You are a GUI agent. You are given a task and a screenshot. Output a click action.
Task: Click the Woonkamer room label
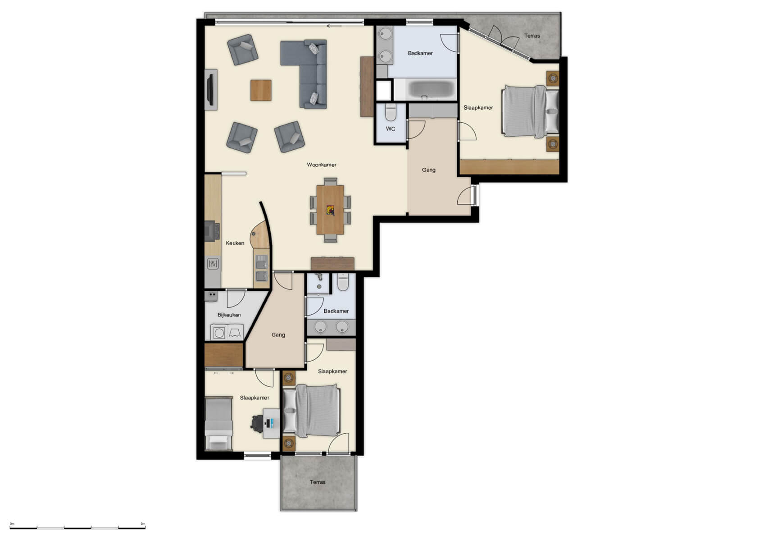[322, 165]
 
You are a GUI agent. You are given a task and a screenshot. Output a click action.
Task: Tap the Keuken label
[235, 243]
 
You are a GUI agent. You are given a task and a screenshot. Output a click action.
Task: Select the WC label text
[391, 129]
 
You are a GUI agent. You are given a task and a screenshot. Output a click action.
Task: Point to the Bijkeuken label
[229, 315]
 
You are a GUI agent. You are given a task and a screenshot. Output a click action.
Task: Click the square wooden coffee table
[261, 90]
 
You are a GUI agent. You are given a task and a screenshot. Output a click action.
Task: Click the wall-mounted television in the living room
[210, 89]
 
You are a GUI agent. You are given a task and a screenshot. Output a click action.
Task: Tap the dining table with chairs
[330, 210]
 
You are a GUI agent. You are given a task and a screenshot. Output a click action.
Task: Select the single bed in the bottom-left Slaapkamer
[218, 423]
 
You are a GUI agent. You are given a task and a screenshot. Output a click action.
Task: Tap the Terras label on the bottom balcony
[318, 482]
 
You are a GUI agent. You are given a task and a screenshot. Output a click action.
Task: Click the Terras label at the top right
[532, 36]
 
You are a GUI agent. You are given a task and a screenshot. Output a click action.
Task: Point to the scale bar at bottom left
[77, 527]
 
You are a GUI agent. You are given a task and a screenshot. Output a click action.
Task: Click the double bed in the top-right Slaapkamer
[529, 111]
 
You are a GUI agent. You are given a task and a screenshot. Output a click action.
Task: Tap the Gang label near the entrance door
[429, 170]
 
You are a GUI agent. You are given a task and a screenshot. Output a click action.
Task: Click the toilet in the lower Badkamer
[343, 283]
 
